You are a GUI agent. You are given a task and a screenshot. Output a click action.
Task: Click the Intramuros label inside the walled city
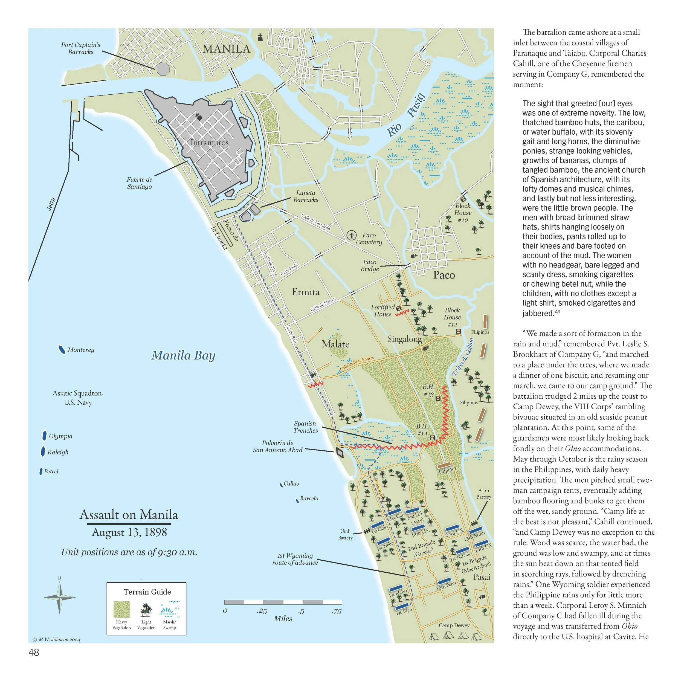[209, 143]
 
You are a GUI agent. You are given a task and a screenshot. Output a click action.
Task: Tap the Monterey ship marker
[62, 349]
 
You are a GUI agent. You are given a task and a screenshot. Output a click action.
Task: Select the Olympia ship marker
[44, 436]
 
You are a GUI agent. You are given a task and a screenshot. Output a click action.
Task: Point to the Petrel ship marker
[41, 471]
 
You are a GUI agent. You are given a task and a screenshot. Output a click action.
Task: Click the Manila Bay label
[183, 355]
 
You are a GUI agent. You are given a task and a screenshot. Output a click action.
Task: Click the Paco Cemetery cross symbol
[351, 235]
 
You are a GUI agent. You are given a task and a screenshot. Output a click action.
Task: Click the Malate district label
[335, 344]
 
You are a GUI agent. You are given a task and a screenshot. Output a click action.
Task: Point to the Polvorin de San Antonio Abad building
[340, 453]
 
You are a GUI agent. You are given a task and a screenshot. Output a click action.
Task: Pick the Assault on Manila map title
[129, 514]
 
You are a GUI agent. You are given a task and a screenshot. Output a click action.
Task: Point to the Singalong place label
[404, 339]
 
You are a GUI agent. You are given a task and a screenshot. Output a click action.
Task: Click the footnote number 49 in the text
[558, 312]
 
